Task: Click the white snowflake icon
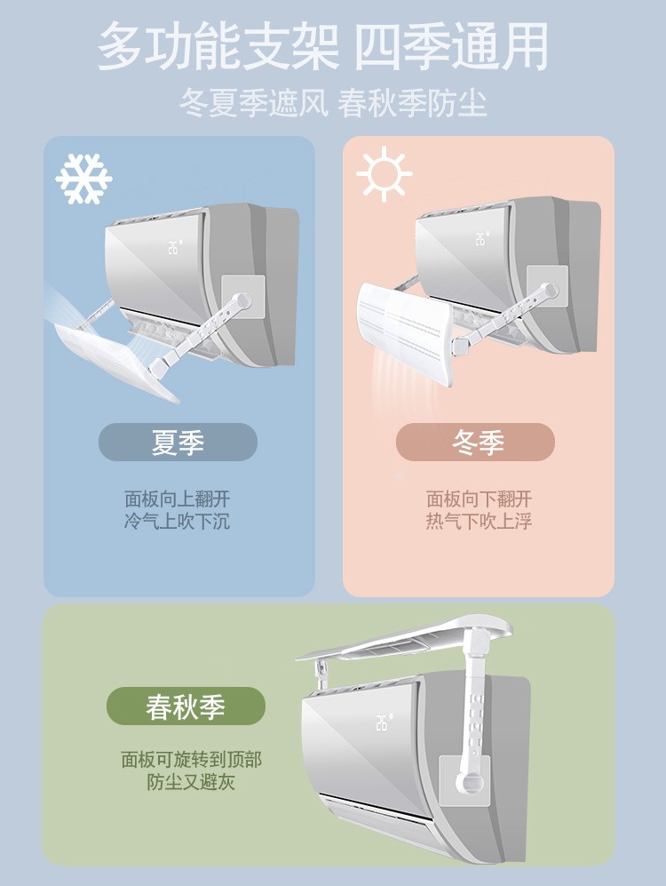click(83, 179)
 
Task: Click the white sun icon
click(384, 174)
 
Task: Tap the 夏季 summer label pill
click(178, 442)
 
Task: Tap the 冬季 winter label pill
click(475, 442)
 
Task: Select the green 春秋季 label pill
click(186, 706)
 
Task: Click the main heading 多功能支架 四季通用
click(323, 46)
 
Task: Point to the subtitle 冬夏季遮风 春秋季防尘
click(333, 103)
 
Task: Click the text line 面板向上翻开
click(178, 499)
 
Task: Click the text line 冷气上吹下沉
click(178, 521)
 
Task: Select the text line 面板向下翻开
click(480, 499)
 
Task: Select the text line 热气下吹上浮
click(480, 521)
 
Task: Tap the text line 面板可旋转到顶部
click(191, 760)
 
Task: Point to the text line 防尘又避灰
click(191, 782)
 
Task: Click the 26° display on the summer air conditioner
click(175, 247)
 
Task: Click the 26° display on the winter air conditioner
click(481, 238)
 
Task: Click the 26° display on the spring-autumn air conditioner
click(385, 722)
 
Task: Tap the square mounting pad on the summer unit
click(242, 296)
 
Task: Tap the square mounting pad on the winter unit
click(547, 286)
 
